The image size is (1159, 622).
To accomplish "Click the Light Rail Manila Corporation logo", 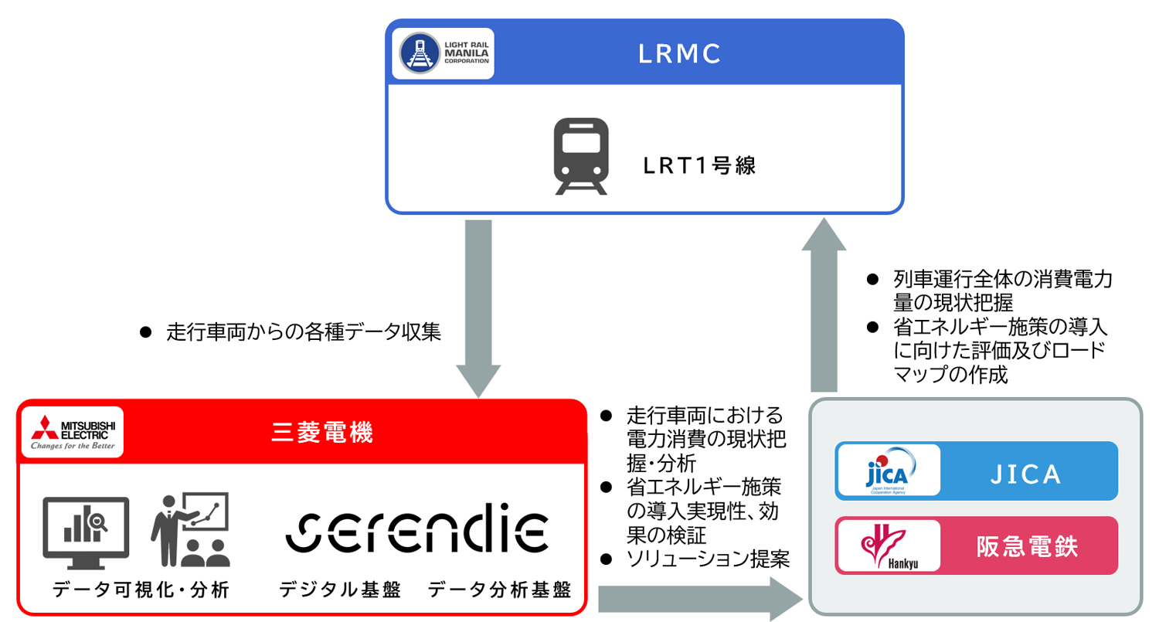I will tap(443, 53).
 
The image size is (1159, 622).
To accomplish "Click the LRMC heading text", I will tap(680, 53).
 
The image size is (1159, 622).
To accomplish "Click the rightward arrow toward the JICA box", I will tap(695, 597).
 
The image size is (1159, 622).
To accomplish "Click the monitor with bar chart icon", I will tap(86, 529).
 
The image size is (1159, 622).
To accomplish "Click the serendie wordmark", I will tap(416, 531).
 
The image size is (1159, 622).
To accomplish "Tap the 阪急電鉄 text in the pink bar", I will tap(1025, 546).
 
